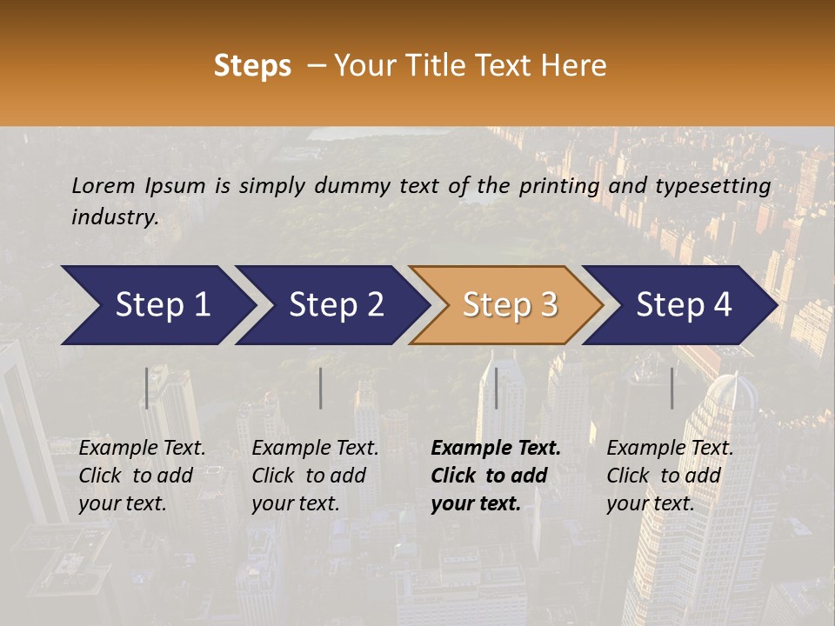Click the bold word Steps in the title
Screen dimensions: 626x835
(252, 66)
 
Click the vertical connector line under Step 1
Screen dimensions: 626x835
(147, 388)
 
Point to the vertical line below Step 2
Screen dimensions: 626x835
(321, 388)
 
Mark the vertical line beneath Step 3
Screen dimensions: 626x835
(497, 388)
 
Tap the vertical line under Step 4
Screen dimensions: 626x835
(672, 388)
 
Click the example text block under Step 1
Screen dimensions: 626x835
(142, 476)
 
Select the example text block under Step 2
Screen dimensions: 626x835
(315, 476)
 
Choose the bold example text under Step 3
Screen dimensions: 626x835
(496, 476)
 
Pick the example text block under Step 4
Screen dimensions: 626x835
(670, 476)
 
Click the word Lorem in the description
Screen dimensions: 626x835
(103, 186)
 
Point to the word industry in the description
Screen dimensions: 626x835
(115, 217)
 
